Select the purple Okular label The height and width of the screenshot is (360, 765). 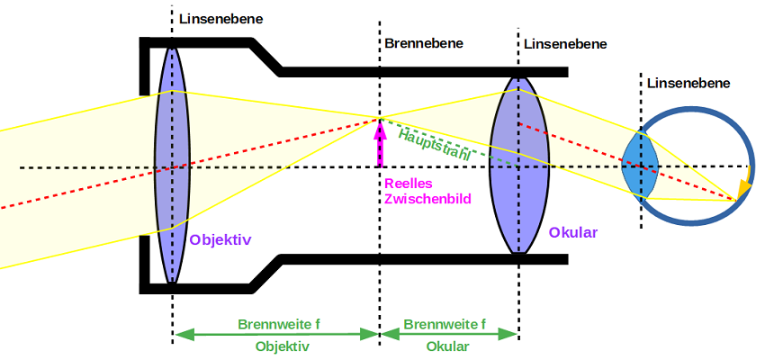[x=572, y=232]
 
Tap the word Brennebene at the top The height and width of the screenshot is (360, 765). [x=424, y=42]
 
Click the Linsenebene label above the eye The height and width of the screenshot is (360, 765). [x=688, y=83]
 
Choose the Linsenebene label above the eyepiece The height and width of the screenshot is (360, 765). [x=565, y=43]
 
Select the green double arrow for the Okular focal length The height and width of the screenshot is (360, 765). [x=449, y=334]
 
